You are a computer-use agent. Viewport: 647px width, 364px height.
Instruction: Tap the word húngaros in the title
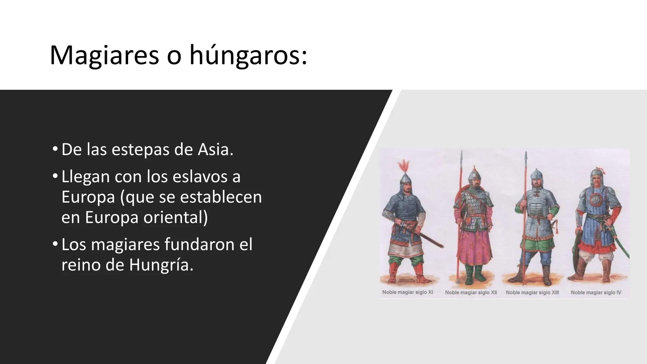[248, 55]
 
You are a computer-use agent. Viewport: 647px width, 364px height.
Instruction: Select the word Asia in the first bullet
[215, 149]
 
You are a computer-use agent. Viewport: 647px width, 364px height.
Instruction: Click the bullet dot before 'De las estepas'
[55, 149]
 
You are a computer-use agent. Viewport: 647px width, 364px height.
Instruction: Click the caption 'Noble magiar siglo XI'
[407, 292]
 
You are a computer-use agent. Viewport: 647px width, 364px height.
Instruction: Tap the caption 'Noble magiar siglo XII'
[471, 293]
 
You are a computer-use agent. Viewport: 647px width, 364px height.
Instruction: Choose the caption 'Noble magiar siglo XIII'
[532, 293]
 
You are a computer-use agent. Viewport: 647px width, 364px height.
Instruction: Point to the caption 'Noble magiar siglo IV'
[596, 293]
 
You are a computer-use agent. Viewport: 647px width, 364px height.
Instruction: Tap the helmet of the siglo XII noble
[474, 173]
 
